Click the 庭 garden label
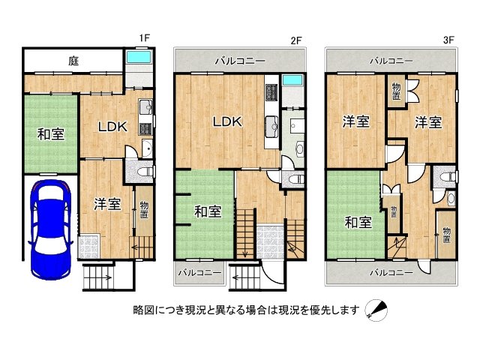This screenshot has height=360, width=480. click(x=73, y=59)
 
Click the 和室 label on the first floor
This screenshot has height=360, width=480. click(x=51, y=135)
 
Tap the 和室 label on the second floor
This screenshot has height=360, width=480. click(x=208, y=211)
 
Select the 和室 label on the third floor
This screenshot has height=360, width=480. click(x=358, y=222)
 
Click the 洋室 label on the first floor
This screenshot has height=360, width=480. click(x=107, y=204)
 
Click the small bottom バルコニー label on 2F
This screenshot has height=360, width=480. click(x=199, y=272)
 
